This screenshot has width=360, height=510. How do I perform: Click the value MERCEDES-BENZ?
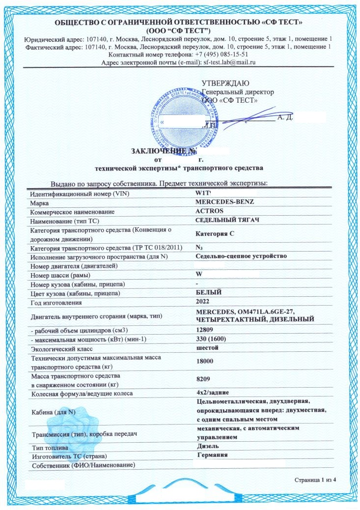coord(224,202)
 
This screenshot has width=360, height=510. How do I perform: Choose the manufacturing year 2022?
coord(202,301)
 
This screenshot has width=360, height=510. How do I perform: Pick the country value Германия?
coord(212,455)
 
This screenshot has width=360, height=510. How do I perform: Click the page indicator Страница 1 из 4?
coord(315,479)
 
